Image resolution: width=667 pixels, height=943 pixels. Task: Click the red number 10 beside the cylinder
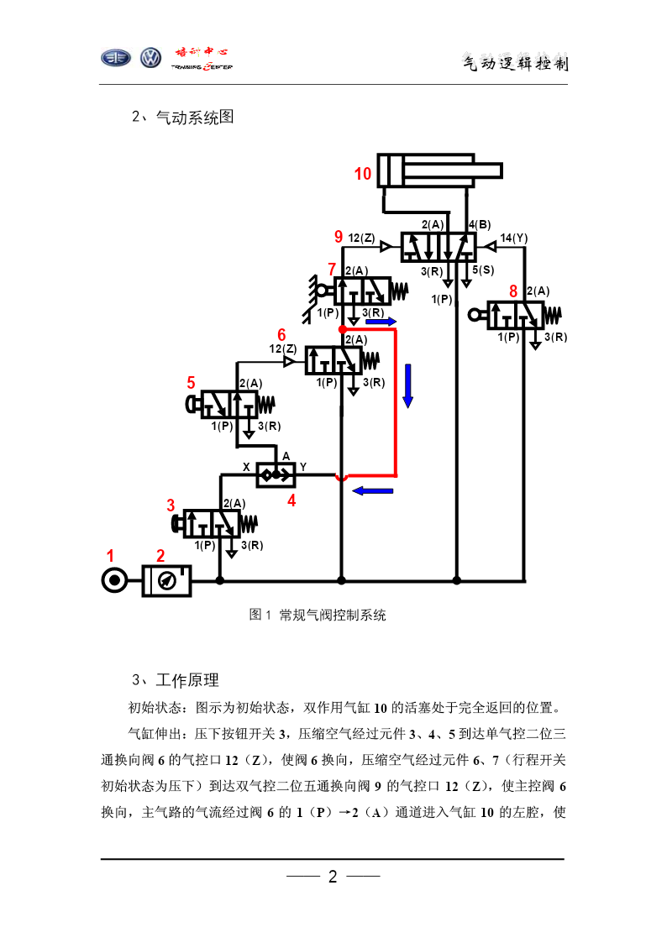click(363, 174)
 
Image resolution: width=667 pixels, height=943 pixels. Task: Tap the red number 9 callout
click(339, 236)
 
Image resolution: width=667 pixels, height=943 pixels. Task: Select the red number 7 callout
click(331, 269)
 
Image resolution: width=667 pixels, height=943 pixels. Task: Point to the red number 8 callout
click(513, 291)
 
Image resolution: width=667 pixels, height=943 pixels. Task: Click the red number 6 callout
click(281, 334)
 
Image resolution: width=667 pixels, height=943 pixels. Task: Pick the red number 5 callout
click(192, 383)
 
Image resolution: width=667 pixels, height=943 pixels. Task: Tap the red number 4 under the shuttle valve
click(291, 500)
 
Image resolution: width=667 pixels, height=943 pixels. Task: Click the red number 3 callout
click(171, 506)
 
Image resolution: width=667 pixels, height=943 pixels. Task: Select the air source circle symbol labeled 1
click(114, 581)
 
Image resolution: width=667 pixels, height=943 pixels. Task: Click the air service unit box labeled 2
click(166, 581)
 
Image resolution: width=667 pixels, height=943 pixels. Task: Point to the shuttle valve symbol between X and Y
click(276, 474)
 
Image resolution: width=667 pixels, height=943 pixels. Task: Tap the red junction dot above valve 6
click(342, 329)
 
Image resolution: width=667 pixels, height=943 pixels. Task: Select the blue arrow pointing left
click(372, 490)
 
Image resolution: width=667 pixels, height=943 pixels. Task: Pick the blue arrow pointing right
click(381, 322)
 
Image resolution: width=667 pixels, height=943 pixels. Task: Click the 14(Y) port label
click(513, 238)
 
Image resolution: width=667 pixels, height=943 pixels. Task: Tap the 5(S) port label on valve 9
click(483, 270)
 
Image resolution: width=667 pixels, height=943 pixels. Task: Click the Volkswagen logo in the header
click(150, 58)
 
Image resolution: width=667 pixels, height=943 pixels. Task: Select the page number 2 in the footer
click(333, 877)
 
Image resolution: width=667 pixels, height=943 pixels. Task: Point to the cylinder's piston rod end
click(501, 170)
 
